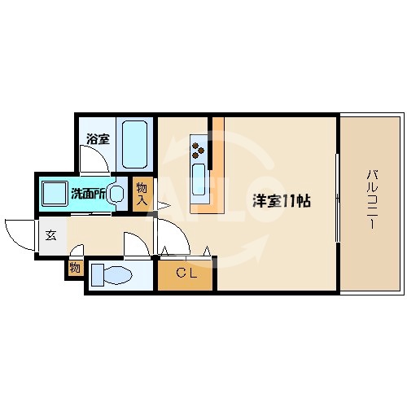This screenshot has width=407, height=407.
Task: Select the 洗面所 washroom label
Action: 87,194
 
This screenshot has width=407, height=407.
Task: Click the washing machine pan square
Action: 55,193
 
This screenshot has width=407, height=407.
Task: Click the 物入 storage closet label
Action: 142,194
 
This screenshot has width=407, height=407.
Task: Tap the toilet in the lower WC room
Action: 114,275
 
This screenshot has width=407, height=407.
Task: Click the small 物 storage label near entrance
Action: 75,266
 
